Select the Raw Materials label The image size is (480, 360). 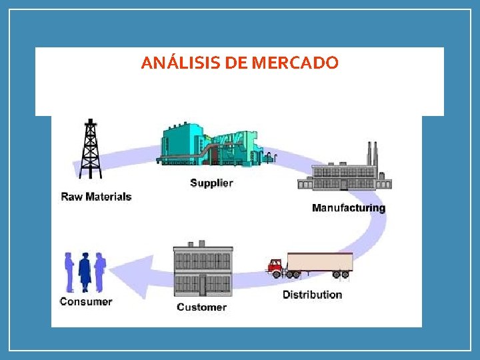[x=96, y=197]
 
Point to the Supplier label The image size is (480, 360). [x=211, y=183]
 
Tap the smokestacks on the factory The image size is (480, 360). [x=371, y=155]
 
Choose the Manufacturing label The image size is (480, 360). [x=348, y=208]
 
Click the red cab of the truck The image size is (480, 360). [x=276, y=267]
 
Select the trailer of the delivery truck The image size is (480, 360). [x=319, y=261]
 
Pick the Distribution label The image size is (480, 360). [x=312, y=295]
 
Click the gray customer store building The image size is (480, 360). [x=203, y=272]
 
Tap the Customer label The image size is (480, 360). [x=201, y=307]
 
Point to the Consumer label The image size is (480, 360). [x=86, y=301]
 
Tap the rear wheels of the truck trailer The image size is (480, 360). [x=340, y=273]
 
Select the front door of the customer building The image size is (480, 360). [x=203, y=286]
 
